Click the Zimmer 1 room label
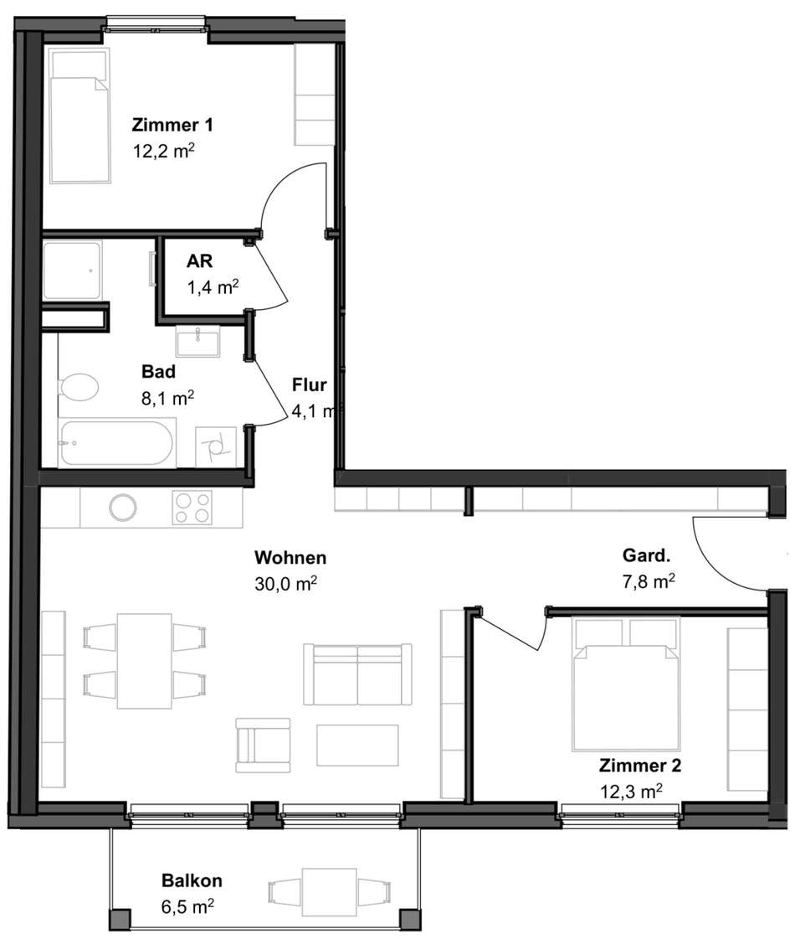tap(172, 125)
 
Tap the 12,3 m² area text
tap(631, 792)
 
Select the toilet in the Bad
tap(79, 388)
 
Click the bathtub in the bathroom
tap(118, 443)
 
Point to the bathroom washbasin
tap(198, 342)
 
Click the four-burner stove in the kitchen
tap(192, 508)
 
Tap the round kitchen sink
tap(123, 508)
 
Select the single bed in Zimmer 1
tap(80, 116)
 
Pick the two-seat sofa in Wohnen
tap(357, 674)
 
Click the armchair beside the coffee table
tap(264, 745)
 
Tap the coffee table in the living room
tap(357, 745)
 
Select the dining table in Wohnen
tap(144, 661)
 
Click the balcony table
tap(330, 892)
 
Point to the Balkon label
tap(192, 880)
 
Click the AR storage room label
tap(200, 261)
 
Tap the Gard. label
tap(647, 555)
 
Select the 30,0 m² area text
tap(286, 583)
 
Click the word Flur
tap(310, 384)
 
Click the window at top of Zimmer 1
tap(156, 24)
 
